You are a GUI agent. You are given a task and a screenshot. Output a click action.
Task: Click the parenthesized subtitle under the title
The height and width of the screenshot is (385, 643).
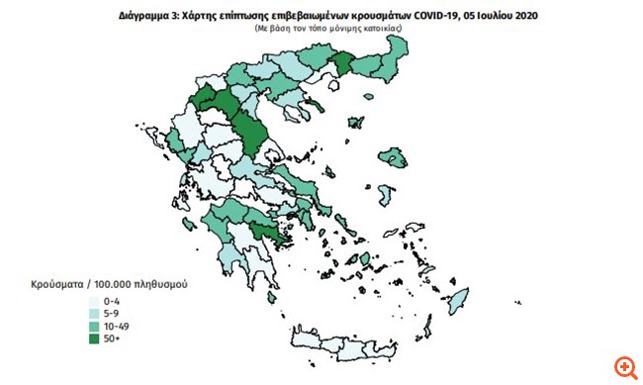321,31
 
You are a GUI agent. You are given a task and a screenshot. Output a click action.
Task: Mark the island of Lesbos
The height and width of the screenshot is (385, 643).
397,156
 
